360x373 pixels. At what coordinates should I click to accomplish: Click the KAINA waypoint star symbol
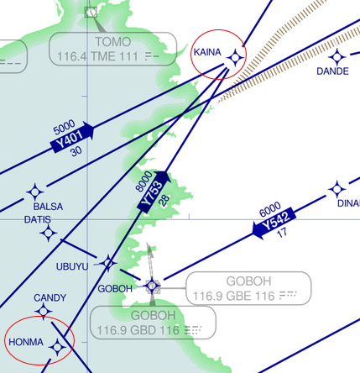tap(235, 58)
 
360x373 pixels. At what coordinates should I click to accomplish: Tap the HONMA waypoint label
tap(26, 342)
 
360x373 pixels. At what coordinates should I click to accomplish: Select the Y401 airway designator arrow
tap(72, 137)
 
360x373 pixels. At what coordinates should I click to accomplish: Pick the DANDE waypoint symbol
tap(337, 57)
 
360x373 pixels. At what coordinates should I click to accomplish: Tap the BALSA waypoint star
tap(35, 192)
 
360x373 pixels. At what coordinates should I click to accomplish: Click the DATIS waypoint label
tap(38, 219)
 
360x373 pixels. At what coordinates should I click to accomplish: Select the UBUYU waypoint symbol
tap(108, 263)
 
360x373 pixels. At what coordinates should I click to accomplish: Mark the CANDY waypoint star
tap(44, 311)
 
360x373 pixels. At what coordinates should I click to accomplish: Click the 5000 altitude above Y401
tap(64, 127)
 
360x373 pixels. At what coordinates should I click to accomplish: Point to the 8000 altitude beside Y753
tap(143, 181)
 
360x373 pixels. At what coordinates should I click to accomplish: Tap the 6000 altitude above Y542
tap(270, 209)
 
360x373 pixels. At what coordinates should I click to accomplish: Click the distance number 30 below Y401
tap(76, 151)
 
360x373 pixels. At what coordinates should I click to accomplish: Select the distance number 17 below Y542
tap(282, 233)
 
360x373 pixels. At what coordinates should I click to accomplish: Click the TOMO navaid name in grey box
tap(113, 42)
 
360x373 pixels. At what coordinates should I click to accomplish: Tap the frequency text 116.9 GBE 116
tap(233, 296)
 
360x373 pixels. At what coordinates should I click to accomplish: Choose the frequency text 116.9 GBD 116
tap(138, 330)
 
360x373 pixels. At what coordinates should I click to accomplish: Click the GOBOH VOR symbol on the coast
tap(153, 286)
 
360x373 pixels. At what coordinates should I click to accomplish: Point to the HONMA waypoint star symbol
tap(58, 347)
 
